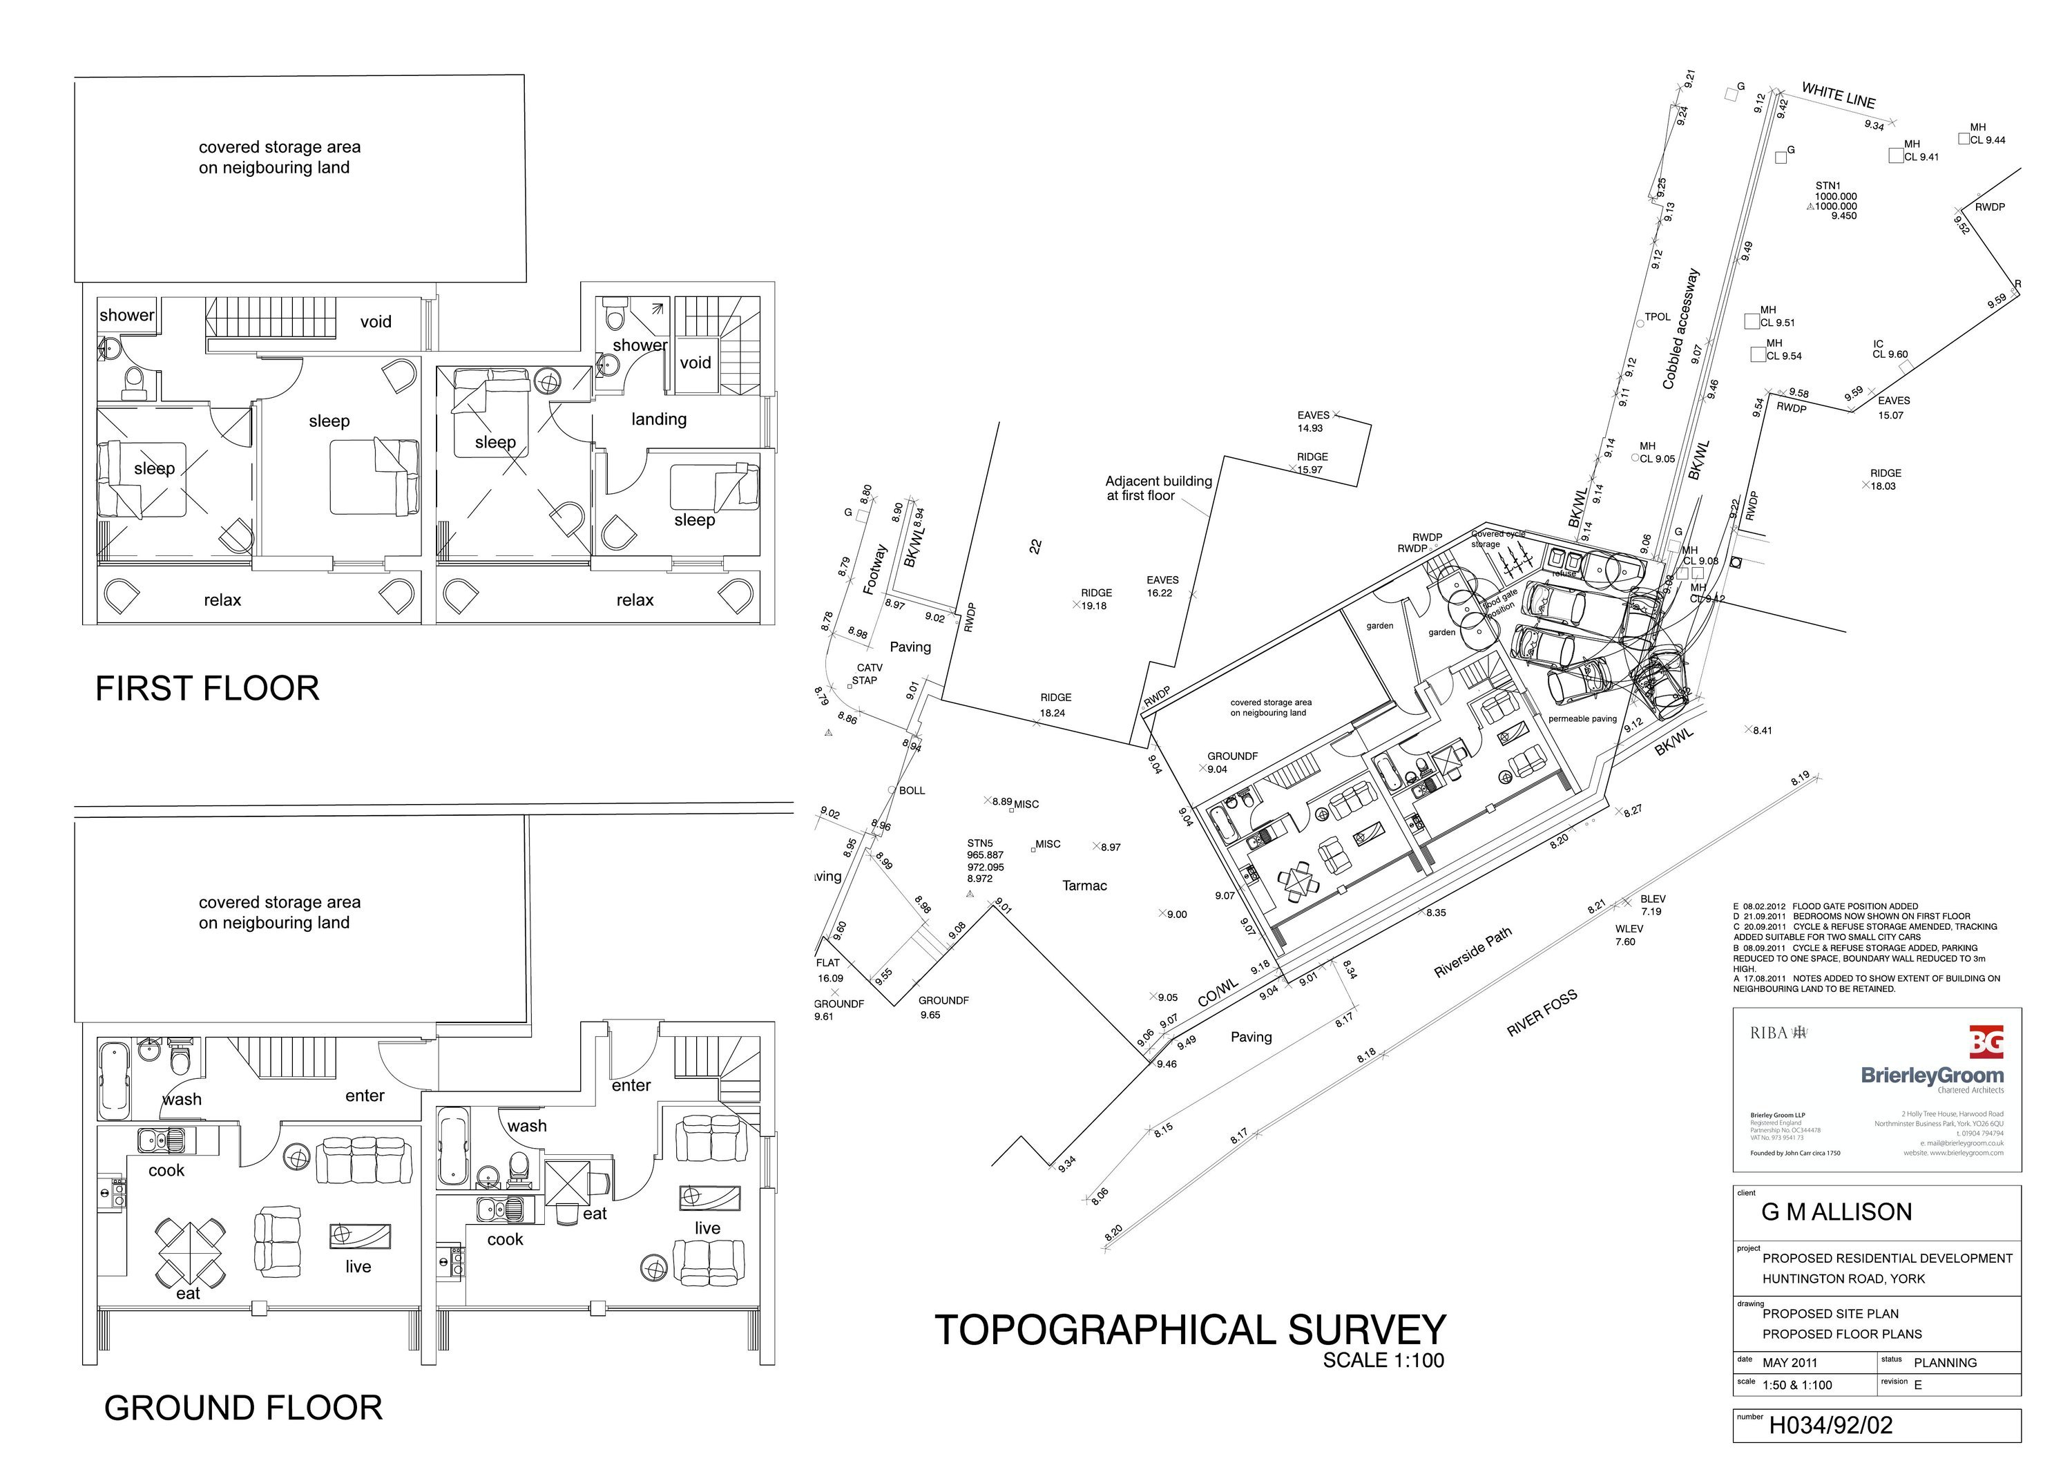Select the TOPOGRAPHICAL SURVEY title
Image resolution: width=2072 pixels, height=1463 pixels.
1189,1330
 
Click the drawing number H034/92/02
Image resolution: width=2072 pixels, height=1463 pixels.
1830,1426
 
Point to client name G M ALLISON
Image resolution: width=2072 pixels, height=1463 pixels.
1836,1212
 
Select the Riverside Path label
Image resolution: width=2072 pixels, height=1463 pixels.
1472,954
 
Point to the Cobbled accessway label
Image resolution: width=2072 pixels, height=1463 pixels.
1680,329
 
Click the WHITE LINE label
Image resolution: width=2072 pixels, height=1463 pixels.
1839,95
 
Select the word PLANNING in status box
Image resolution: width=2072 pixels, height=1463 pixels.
1945,1363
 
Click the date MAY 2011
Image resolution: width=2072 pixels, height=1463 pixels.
1790,1363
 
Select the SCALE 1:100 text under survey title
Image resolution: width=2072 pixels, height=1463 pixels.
1383,1361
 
